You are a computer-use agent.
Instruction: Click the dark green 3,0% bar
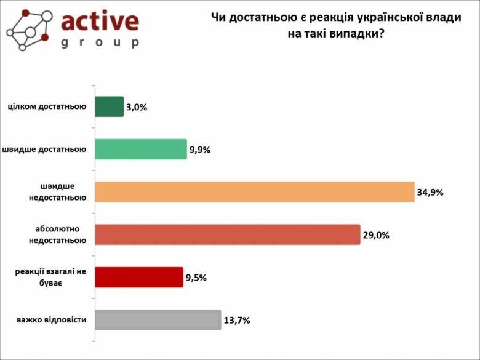point(110,106)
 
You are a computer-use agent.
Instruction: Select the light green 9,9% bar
point(141,149)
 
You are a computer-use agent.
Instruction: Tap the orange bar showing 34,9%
point(255,191)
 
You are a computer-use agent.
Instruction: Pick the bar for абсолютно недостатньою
point(228,234)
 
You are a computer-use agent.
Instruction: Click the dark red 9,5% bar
point(139,277)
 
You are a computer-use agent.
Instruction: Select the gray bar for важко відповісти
point(158,320)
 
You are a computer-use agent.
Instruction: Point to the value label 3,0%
point(137,107)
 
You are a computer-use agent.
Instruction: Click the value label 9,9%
point(200,150)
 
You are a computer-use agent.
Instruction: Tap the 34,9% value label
point(430,192)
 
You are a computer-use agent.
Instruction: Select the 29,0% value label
point(376,235)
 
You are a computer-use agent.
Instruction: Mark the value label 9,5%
point(196,278)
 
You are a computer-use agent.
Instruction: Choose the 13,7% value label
point(237,321)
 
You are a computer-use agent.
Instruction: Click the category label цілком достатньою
point(47,106)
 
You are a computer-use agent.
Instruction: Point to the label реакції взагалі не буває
point(50,277)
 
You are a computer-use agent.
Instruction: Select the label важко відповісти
point(52,320)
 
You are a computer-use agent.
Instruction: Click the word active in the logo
point(100,22)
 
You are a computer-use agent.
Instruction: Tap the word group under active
point(100,42)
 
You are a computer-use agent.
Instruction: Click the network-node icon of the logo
point(28,28)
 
